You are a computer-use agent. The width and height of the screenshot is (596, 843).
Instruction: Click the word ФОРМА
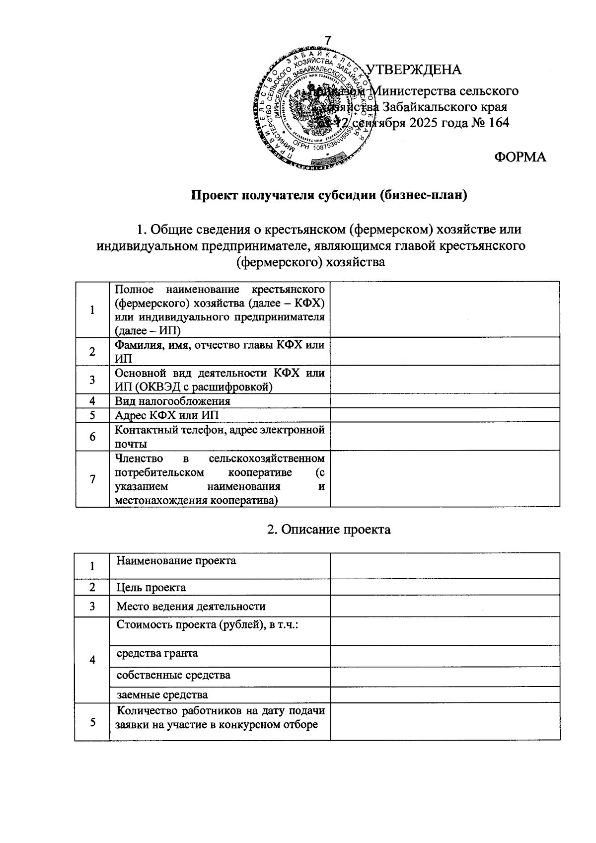coord(520,157)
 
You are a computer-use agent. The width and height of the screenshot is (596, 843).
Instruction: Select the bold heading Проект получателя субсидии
coord(330,195)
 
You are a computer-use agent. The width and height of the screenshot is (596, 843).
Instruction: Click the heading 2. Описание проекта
coord(329,530)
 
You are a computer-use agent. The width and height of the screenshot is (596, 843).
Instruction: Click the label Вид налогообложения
coord(172,401)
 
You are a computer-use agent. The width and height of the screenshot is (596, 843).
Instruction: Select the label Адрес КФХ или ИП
coord(166,415)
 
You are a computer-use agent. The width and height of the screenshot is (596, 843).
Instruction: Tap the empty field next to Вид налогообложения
coord(445,401)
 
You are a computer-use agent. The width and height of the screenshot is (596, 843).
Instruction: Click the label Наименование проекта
coord(176,561)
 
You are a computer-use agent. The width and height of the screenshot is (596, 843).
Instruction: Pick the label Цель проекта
coord(151,588)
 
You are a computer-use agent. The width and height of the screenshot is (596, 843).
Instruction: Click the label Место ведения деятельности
coord(191,607)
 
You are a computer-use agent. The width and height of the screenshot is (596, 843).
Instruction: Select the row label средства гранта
coord(157,653)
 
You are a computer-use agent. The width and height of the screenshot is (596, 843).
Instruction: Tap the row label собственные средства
coord(173,676)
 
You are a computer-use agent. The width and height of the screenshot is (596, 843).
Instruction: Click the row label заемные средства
coord(162,695)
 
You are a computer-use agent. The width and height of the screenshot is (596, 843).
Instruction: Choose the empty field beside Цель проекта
coord(445,588)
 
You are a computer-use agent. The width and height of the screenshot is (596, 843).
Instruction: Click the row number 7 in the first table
coord(92,479)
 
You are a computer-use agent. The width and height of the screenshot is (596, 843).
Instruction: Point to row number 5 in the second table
coord(92,722)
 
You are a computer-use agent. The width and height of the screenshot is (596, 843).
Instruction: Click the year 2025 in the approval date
coord(425,122)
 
